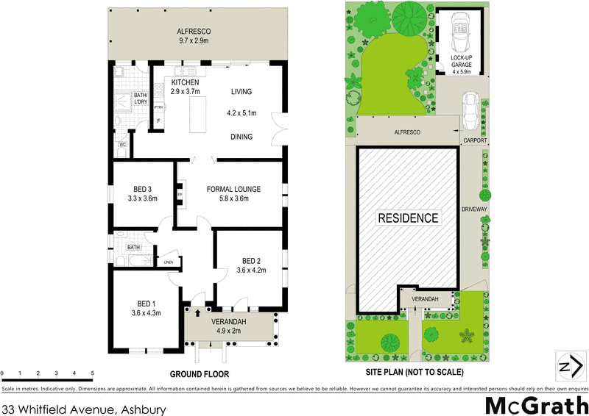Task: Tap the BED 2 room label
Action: pyautogui.click(x=251, y=260)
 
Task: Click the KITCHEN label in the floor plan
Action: pyautogui.click(x=186, y=82)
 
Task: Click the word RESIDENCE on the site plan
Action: pyautogui.click(x=408, y=218)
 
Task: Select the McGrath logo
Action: pyautogui.click(x=534, y=404)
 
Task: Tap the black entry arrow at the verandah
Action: pyautogui.click(x=197, y=314)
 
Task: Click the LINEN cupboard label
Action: pyautogui.click(x=169, y=262)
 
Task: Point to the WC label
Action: pyautogui.click(x=122, y=145)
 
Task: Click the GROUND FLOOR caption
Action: pyautogui.click(x=200, y=374)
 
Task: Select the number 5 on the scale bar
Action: pyautogui.click(x=92, y=374)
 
